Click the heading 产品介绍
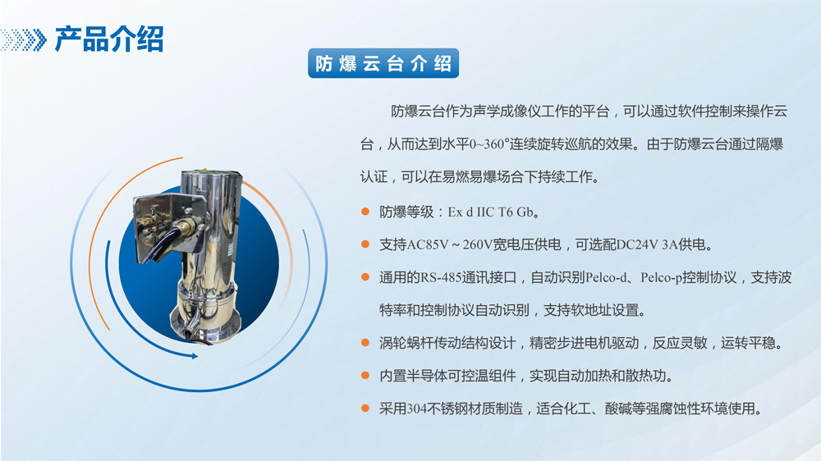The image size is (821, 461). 109,39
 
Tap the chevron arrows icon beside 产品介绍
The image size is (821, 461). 24,39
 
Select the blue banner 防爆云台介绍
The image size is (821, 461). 383,63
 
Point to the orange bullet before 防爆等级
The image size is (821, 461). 365,212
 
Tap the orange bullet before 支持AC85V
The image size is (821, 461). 365,244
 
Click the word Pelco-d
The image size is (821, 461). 606,277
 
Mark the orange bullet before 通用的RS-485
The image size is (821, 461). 365,277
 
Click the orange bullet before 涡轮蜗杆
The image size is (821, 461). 365,343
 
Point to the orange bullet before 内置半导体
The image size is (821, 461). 365,376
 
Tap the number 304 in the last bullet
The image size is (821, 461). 417,409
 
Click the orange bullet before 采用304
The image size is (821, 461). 365,409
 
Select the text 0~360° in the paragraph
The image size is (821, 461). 489,144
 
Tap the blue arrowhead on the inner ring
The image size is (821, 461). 194,356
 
